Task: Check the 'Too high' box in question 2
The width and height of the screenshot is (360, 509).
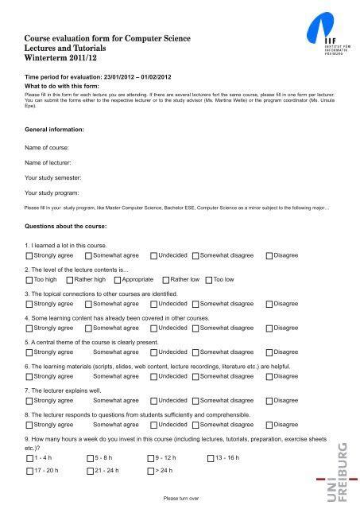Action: coord(29,302)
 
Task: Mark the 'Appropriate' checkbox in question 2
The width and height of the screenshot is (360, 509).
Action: coord(117,302)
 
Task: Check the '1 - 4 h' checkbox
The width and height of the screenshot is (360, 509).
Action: coord(29,459)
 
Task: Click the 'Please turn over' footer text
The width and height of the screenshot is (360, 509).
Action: coord(180,499)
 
